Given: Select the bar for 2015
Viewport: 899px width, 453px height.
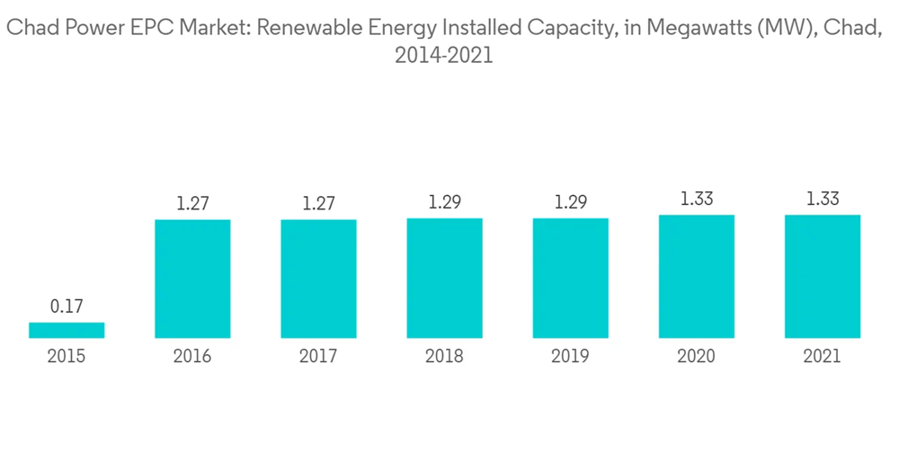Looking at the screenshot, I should (x=67, y=331).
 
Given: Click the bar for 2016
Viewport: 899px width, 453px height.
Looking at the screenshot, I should (x=192, y=279).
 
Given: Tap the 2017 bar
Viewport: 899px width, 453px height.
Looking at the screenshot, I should (x=318, y=279).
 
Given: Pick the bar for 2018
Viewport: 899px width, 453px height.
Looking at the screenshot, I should (x=444, y=278).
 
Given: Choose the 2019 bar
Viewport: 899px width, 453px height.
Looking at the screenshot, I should (x=570, y=278).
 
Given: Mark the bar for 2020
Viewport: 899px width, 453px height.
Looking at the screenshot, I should (x=696, y=277).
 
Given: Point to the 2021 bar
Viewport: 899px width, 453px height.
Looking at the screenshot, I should (x=822, y=277).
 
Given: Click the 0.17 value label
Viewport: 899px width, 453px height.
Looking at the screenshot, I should (x=67, y=306).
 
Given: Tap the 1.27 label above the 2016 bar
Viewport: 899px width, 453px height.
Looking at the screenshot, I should (x=192, y=203).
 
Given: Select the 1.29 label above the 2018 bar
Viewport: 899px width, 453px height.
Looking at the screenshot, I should (x=444, y=202).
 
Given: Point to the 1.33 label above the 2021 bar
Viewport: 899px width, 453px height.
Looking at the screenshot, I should (x=822, y=199).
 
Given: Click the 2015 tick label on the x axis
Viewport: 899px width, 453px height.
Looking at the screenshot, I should (x=67, y=357).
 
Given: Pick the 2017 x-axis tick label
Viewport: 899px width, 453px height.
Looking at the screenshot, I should (x=318, y=357).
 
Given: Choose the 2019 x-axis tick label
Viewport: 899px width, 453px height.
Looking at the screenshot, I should (x=570, y=357).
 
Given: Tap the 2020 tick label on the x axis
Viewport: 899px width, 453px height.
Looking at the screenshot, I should (x=696, y=357).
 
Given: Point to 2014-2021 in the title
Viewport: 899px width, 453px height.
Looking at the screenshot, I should (x=444, y=56).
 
